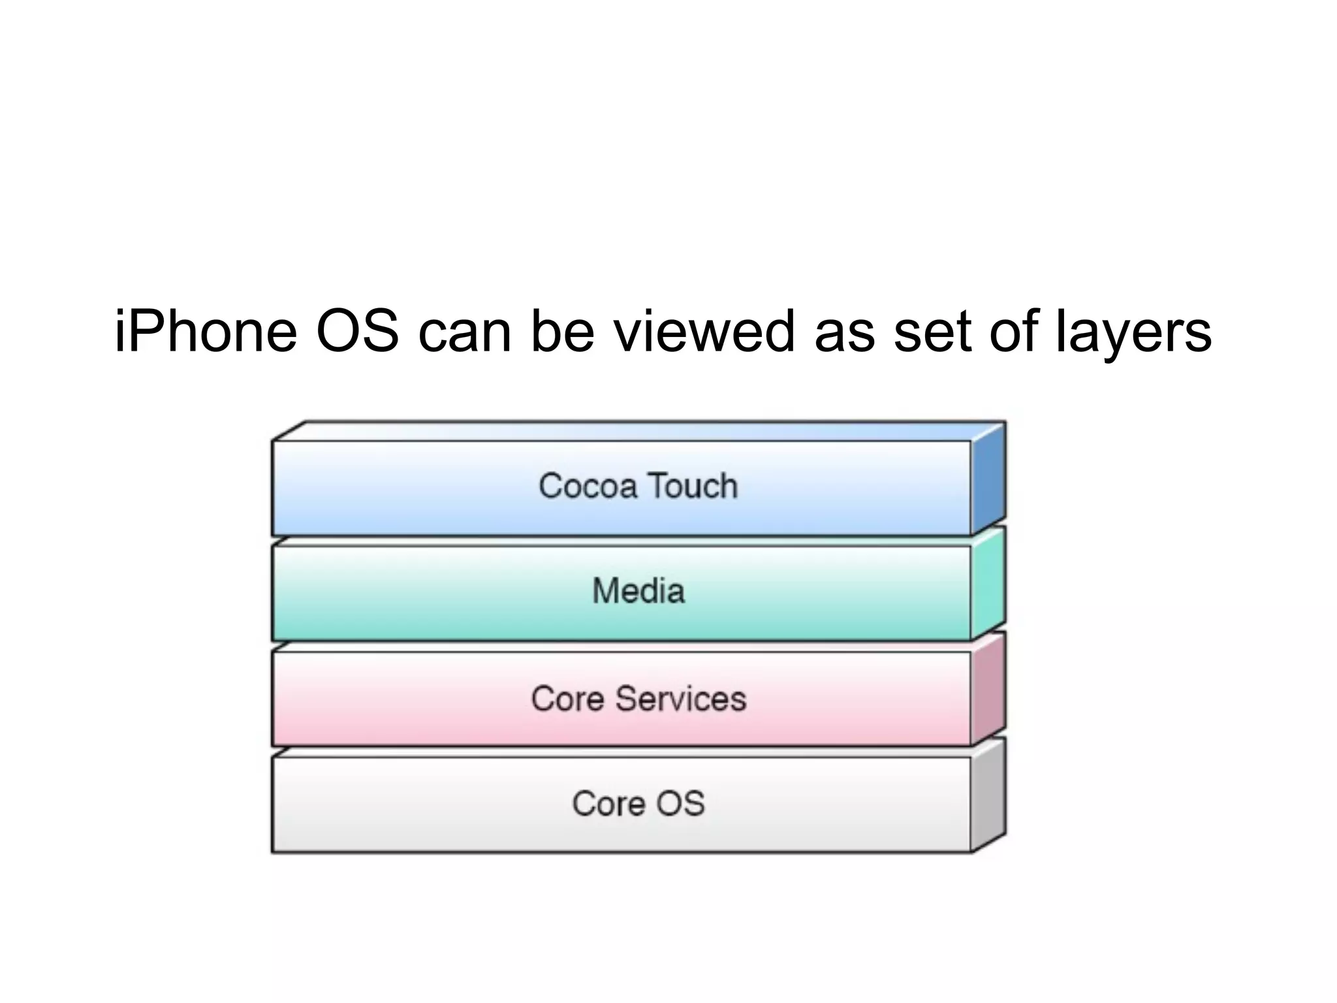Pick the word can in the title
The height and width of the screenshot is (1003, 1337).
point(464,333)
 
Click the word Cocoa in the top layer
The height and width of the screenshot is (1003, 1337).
point(588,486)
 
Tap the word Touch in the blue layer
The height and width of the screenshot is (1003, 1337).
point(693,486)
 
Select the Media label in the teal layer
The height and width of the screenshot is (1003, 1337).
point(638,591)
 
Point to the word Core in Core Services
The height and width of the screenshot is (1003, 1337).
point(567,699)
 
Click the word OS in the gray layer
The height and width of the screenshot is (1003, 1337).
point(680,803)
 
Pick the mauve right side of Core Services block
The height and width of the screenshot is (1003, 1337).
point(988,690)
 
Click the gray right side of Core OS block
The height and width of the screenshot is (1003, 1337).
point(988,795)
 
